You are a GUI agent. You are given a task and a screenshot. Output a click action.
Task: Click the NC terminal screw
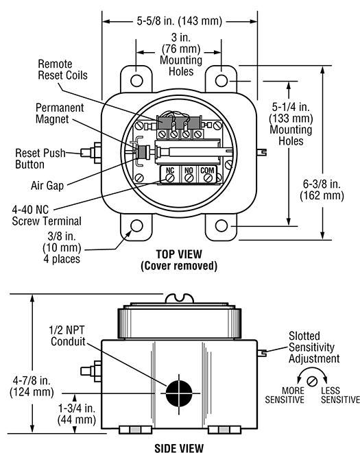[170, 178]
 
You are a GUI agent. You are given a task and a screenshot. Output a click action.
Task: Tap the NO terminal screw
[189, 178]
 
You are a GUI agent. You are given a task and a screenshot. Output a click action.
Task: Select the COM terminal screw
[208, 178]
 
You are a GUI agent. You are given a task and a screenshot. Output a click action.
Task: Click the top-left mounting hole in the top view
[136, 81]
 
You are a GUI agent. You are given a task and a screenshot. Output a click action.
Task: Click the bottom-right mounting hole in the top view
[221, 225]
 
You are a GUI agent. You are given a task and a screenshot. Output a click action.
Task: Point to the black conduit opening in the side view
[179, 393]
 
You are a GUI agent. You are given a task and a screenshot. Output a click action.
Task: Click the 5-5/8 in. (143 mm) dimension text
[179, 21]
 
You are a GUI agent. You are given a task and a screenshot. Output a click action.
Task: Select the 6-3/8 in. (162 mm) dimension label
[322, 190]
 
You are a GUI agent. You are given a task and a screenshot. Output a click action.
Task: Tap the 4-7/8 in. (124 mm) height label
[32, 387]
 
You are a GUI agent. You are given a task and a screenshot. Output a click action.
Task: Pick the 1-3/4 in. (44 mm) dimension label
[77, 414]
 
